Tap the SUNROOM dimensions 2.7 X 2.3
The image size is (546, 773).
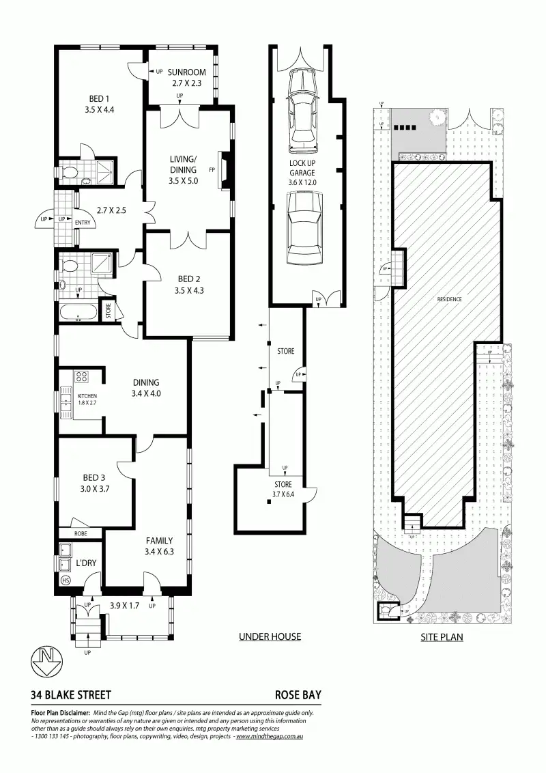point(182,84)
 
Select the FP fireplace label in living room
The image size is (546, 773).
point(212,170)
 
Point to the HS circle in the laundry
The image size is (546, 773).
point(66,580)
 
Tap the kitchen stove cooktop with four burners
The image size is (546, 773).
point(83,376)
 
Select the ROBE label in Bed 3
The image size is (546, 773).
point(80,533)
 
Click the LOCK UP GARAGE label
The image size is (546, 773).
point(302,168)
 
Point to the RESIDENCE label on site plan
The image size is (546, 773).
point(449,300)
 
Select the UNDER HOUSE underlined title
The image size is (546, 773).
point(270,637)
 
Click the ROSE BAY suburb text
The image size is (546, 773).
point(298,695)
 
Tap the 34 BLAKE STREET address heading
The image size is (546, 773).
point(70,695)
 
